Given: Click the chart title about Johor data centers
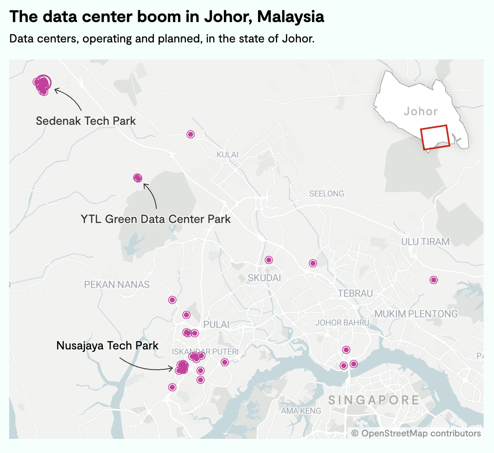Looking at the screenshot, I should (x=166, y=17).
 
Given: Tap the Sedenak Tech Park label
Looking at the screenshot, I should (x=86, y=121).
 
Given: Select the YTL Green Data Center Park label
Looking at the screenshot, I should (x=156, y=219).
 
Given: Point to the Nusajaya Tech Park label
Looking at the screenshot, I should (x=107, y=346).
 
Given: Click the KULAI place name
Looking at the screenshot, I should (x=227, y=155).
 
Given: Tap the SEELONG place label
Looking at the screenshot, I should (x=327, y=194).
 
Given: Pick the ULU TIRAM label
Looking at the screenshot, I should (x=425, y=242).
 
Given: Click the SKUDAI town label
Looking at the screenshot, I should (x=264, y=278).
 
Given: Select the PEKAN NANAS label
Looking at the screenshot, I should (x=117, y=285).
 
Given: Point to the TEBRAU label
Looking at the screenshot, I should (x=355, y=294).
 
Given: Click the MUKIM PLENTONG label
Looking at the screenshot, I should (x=416, y=314).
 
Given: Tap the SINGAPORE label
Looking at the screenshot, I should (x=374, y=400).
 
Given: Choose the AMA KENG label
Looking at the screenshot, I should (x=301, y=411).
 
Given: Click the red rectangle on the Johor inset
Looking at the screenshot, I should (x=435, y=137).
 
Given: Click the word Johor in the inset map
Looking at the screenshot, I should (x=421, y=111).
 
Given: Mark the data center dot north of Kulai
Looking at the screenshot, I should (x=191, y=134).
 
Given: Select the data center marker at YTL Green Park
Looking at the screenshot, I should (x=138, y=178).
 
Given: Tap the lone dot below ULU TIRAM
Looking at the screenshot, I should (x=434, y=280).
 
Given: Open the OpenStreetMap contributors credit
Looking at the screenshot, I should (x=416, y=433).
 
